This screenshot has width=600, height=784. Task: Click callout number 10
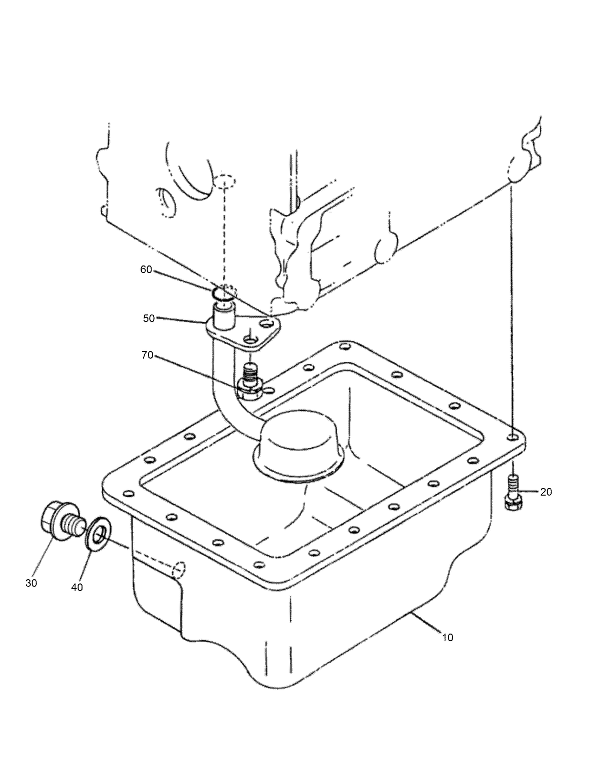click(x=447, y=637)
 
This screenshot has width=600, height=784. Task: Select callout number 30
click(x=31, y=583)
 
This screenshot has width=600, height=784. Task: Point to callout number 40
click(x=76, y=587)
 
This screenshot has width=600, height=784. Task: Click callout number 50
click(x=149, y=318)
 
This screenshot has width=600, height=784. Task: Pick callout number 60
click(x=146, y=269)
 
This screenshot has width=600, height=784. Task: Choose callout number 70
click(x=147, y=355)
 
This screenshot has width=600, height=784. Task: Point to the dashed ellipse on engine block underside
click(x=223, y=182)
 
